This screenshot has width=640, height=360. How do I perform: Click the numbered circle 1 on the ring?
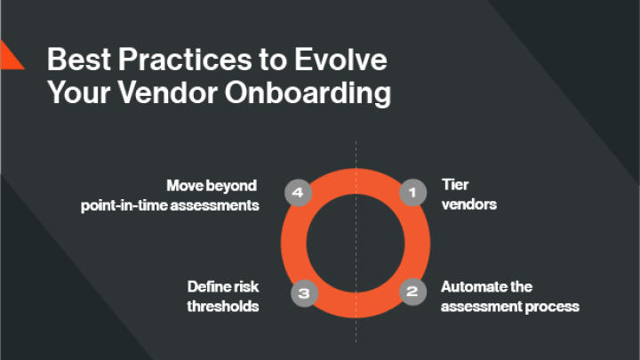coord(411,191)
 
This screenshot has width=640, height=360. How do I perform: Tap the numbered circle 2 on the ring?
coord(411,292)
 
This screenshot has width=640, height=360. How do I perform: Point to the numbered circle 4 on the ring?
coord(298,191)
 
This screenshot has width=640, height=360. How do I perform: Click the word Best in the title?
coord(76,60)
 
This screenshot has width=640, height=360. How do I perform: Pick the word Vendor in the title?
coord(185,92)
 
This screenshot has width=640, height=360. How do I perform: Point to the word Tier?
coord(454,186)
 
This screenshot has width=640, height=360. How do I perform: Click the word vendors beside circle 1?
coord(468,204)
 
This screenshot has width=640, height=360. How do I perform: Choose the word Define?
coord(208,287)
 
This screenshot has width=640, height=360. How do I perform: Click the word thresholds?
coord(223,307)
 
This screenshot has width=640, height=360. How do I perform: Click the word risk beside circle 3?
coord(246,287)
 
